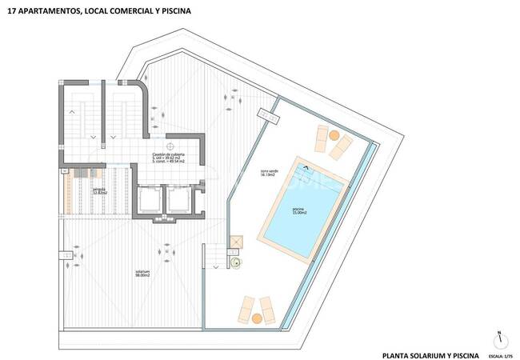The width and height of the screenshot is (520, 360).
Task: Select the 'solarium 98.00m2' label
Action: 143,273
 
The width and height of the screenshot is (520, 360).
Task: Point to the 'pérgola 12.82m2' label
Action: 78,190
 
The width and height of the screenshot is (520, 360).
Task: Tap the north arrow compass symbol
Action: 498,338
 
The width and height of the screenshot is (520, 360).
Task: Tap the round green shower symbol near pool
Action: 236,262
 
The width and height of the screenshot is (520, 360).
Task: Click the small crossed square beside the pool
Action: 235,240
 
